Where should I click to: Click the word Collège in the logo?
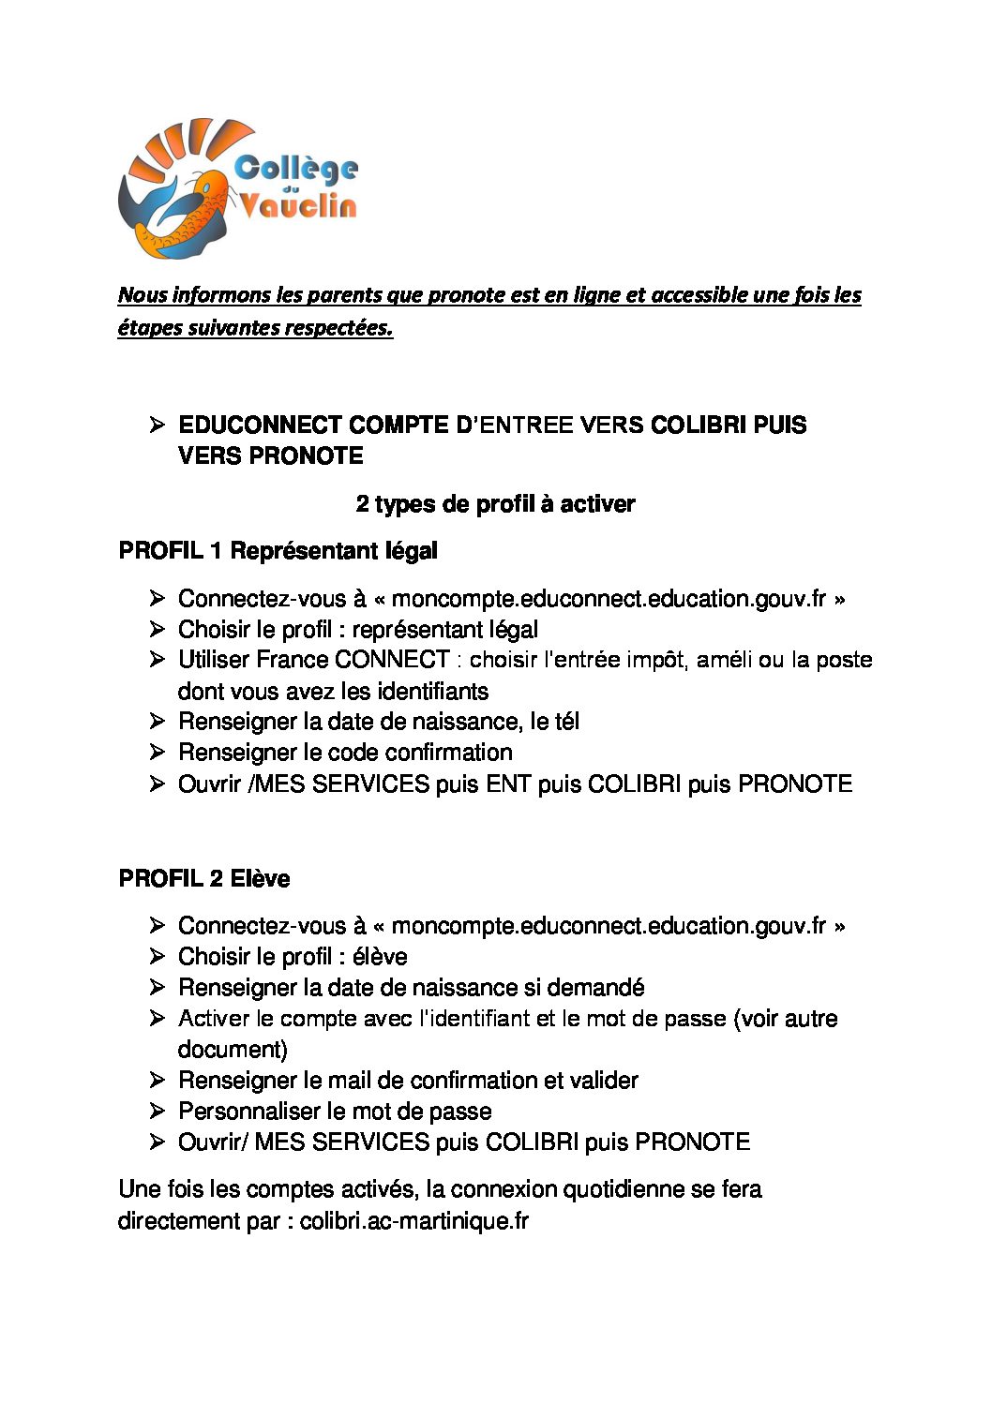click(295, 169)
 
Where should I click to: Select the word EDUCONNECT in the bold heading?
click(260, 425)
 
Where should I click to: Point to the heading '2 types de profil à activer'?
click(495, 504)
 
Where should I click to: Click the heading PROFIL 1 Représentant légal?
click(278, 551)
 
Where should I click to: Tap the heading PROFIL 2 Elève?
click(203, 879)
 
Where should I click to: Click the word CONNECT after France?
click(392, 660)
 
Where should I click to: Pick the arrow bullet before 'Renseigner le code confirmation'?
click(157, 752)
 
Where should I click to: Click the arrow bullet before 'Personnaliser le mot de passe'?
click(157, 1111)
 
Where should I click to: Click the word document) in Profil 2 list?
click(233, 1049)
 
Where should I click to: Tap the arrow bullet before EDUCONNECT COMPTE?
click(157, 425)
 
